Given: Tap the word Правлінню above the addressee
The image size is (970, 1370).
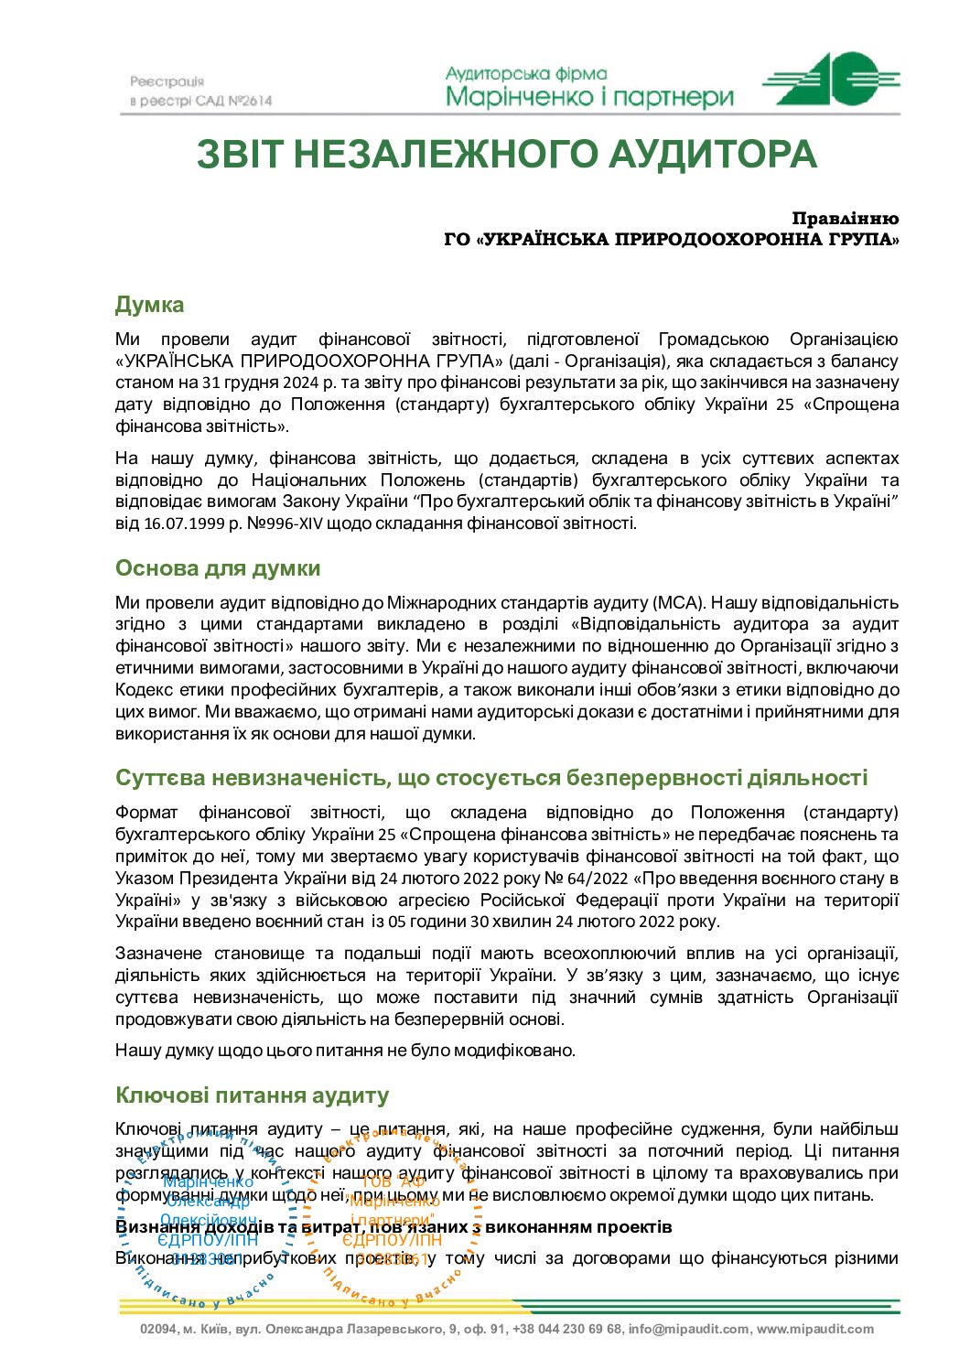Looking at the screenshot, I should point(845,219).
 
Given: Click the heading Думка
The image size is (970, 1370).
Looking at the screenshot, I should point(149,305).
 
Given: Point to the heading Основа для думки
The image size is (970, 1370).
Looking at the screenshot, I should point(218,568).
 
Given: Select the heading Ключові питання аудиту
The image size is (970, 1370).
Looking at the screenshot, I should point(252,1095).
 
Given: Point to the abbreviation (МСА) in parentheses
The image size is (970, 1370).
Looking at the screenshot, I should point(677,602).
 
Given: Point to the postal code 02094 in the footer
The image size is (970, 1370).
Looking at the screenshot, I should point(158,1329).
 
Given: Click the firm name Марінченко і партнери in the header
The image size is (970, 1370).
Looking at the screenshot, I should point(589,97).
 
